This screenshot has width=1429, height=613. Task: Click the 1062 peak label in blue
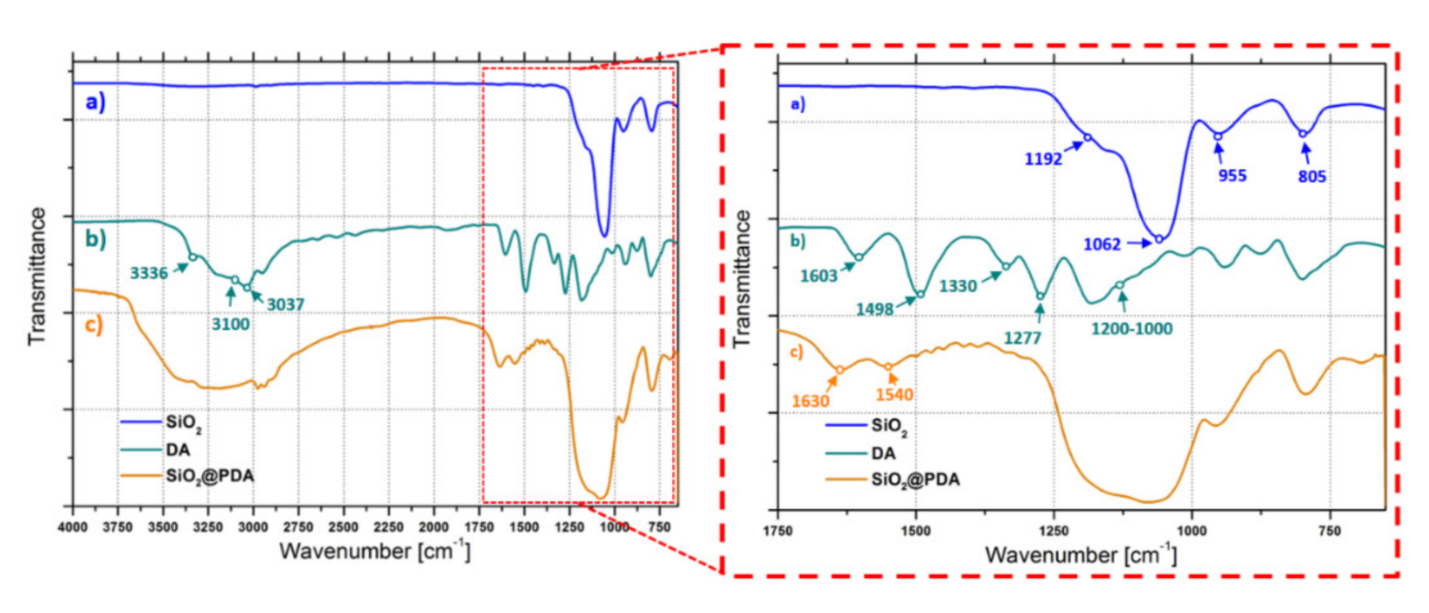[1102, 244]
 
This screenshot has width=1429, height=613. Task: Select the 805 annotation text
[1312, 176]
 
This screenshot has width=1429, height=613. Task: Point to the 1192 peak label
[1043, 159]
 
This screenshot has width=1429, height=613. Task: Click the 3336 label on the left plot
[149, 273]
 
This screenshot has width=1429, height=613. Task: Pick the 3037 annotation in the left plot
[285, 305]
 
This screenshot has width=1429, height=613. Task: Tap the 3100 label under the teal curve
[230, 324]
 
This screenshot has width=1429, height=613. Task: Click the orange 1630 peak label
[810, 400]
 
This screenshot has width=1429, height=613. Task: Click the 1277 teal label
[1022, 337]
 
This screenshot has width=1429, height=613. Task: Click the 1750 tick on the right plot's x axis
[778, 531]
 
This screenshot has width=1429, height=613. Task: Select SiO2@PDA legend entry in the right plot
[915, 479]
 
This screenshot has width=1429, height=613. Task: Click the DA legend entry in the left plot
[177, 449]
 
